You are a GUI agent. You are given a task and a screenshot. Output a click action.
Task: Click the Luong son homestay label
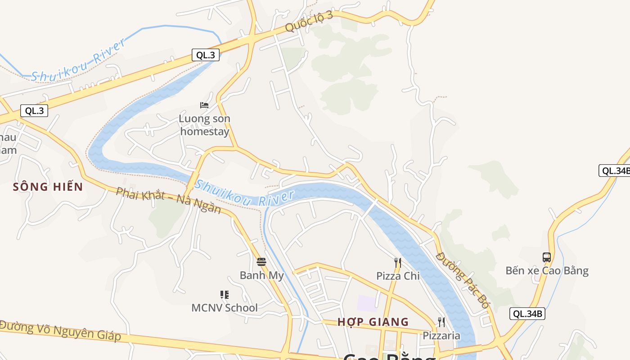pos(204,125)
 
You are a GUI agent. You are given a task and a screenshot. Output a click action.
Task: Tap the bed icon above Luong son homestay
pos(204,105)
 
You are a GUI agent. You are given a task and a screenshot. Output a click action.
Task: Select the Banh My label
pos(261,275)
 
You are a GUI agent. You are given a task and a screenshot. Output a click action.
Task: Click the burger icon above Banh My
pos(261,261)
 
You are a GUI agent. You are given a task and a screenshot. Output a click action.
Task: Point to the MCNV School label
pos(225,308)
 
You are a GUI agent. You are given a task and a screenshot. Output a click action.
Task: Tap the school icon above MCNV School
pos(225,295)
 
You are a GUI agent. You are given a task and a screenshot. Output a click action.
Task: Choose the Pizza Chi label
pos(398,276)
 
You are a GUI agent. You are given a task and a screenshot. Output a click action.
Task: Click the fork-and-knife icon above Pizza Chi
pos(398,263)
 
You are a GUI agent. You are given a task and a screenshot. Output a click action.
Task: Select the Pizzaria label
pos(441,335)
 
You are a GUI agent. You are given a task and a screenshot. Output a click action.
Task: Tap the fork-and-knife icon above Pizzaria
pos(441,322)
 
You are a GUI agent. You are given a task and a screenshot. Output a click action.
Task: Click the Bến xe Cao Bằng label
pos(547,270)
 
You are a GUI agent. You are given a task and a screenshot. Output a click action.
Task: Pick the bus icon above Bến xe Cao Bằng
pos(547,257)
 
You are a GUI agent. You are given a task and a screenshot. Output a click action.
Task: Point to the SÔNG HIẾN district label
pos(48,187)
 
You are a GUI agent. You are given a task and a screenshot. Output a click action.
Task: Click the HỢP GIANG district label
pos(373,322)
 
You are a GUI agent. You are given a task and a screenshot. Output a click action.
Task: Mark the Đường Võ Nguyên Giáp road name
pos(61,331)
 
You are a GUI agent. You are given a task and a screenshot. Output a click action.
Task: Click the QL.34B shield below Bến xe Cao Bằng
pos(527,314)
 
